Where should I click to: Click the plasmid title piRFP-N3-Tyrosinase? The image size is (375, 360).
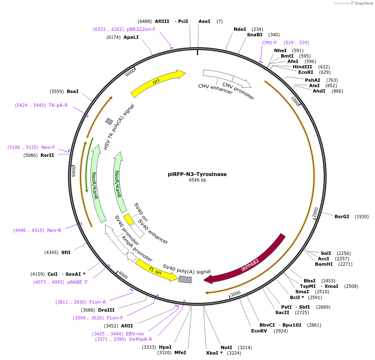pyautogui.click(x=197, y=174)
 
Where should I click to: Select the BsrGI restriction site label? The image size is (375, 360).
pyautogui.click(x=342, y=217)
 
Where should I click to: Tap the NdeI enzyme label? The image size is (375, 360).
pyautogui.click(x=240, y=29)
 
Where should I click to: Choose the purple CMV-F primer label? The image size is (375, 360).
pyautogui.click(x=269, y=43)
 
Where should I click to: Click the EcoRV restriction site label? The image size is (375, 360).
pyautogui.click(x=259, y=331)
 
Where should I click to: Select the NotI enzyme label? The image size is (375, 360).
pyautogui.click(x=226, y=347)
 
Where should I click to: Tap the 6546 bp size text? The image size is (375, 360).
pyautogui.click(x=197, y=180)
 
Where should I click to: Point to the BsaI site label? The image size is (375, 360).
pyautogui.click(x=73, y=91)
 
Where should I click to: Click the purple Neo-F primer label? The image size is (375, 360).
pyautogui.click(x=48, y=147)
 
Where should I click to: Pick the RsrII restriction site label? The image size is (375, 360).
pyautogui.click(x=47, y=155)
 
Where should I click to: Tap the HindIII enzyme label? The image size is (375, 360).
pyautogui.click(x=302, y=67)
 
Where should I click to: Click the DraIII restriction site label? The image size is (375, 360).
pyautogui.click(x=106, y=310)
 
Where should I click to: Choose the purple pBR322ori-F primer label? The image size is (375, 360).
pyautogui.click(x=141, y=29)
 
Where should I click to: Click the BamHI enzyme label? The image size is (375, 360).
pyautogui.click(x=324, y=264)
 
